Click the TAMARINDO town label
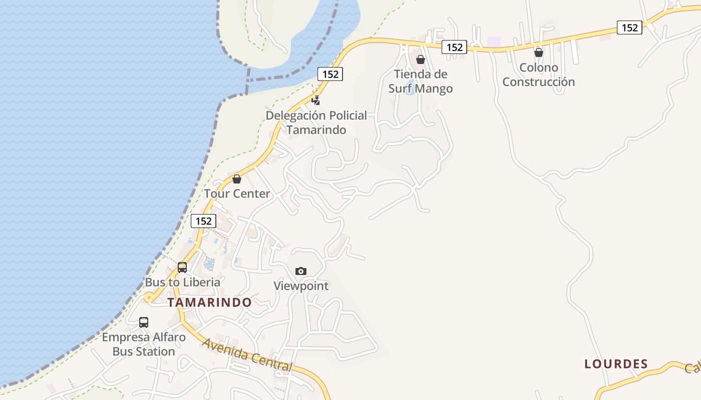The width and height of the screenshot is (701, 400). pyautogui.click(x=209, y=302)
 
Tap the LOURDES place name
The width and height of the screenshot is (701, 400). pyautogui.click(x=616, y=364)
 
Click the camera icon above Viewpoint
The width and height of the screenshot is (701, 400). pyautogui.click(x=300, y=271)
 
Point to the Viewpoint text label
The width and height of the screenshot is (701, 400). pyautogui.click(x=301, y=286)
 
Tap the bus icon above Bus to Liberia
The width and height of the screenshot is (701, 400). pyautogui.click(x=182, y=267)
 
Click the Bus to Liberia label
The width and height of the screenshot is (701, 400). pyautogui.click(x=182, y=282)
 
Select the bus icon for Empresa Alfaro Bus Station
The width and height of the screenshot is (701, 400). pyautogui.click(x=144, y=322)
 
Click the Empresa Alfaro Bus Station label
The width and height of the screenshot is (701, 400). pyautogui.click(x=144, y=344)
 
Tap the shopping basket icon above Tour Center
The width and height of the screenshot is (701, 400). pyautogui.click(x=237, y=178)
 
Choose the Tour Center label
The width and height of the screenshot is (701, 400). pyautogui.click(x=237, y=193)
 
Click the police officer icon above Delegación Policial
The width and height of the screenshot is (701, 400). pyautogui.click(x=316, y=99)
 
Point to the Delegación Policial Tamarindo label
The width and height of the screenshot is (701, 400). pyautogui.click(x=316, y=122)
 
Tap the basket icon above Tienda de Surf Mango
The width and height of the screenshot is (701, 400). pyautogui.click(x=421, y=59)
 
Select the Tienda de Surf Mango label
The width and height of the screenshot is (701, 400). pyautogui.click(x=421, y=81)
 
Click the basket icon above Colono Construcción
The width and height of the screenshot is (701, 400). pyautogui.click(x=539, y=52)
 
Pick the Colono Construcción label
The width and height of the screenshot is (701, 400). pyautogui.click(x=539, y=74)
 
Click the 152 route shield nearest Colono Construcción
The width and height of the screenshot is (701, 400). pyautogui.click(x=629, y=27)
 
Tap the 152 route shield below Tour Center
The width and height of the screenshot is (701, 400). pyautogui.click(x=203, y=221)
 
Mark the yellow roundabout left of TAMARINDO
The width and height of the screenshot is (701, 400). pyautogui.click(x=149, y=298)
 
